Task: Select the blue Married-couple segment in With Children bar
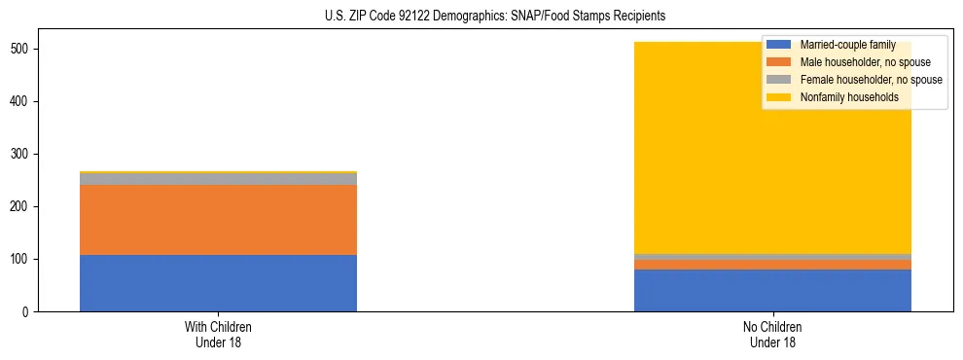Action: pyautogui.click(x=218, y=283)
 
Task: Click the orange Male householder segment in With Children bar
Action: pyautogui.click(x=218, y=220)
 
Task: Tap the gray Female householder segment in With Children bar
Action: pyautogui.click(x=218, y=179)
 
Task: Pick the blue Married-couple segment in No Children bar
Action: pyautogui.click(x=772, y=291)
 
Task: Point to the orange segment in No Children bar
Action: pyautogui.click(x=772, y=265)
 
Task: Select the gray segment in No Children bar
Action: pyautogui.click(x=772, y=257)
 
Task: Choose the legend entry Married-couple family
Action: pyautogui.click(x=845, y=45)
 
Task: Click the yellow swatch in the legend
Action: pyautogui.click(x=779, y=97)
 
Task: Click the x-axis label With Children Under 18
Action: pyautogui.click(x=218, y=334)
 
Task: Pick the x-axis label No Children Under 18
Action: pyautogui.click(x=772, y=334)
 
